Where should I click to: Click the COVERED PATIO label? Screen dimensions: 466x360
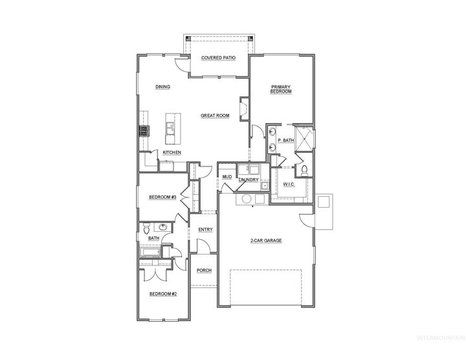pyautogui.click(x=219, y=58)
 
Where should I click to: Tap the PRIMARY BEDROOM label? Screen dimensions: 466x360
pyautogui.click(x=281, y=89)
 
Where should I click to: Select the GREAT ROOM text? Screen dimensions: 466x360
pyautogui.click(x=215, y=115)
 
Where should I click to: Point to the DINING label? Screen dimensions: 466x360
pyautogui.click(x=162, y=87)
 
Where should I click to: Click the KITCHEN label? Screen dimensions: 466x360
pyautogui.click(x=172, y=152)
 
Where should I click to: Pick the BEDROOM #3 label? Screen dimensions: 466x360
pyautogui.click(x=163, y=197)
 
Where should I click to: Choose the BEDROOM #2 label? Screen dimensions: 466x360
pyautogui.click(x=163, y=294)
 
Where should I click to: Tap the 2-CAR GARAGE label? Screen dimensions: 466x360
pyautogui.click(x=266, y=240)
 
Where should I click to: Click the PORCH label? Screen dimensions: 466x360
pyautogui.click(x=204, y=270)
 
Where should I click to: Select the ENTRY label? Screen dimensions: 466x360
pyautogui.click(x=205, y=229)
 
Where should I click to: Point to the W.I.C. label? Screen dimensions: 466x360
pyautogui.click(x=289, y=185)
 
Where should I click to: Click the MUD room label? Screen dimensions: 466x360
pyautogui.click(x=227, y=177)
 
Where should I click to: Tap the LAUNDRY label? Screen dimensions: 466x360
pyautogui.click(x=249, y=179)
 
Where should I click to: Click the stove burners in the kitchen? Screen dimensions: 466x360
pyautogui.click(x=144, y=131)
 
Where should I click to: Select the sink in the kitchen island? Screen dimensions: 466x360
pyautogui.click(x=170, y=128)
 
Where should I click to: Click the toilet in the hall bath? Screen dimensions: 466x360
pyautogui.click(x=146, y=229)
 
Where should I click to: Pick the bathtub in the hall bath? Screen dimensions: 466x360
pyautogui.click(x=150, y=253)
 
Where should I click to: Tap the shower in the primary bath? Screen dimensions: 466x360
pyautogui.click(x=304, y=139)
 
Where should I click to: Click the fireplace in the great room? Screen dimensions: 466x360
pyautogui.click(x=244, y=109)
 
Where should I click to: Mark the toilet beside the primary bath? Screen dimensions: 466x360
pyautogui.click(x=304, y=171)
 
